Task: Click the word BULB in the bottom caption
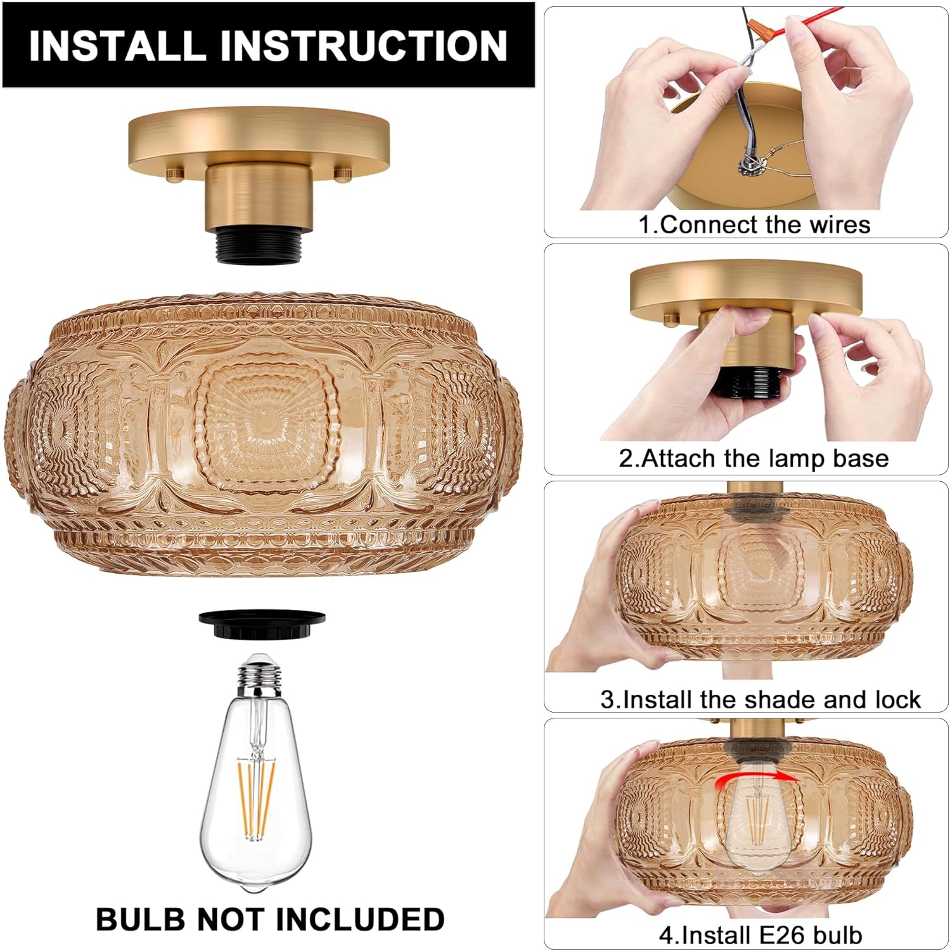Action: (x=140, y=919)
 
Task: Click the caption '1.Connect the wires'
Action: (x=754, y=224)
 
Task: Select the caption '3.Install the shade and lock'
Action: (x=760, y=699)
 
